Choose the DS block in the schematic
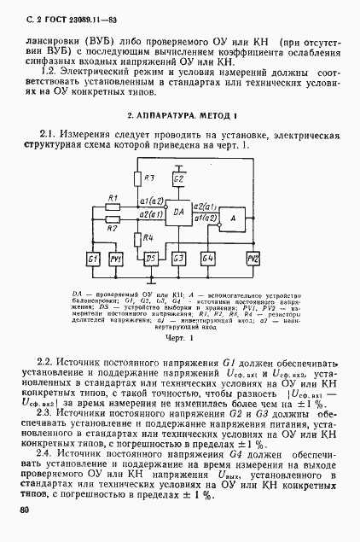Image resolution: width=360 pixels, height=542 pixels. (151, 258)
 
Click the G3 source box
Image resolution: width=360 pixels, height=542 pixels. (178, 258)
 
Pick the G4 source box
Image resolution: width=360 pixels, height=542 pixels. (206, 258)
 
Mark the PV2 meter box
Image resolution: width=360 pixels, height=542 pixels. (253, 258)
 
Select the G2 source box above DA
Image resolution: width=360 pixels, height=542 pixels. (178, 181)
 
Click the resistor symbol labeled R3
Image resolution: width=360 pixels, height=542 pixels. (137, 178)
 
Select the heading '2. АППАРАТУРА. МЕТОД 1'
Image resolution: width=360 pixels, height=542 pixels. (179, 114)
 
